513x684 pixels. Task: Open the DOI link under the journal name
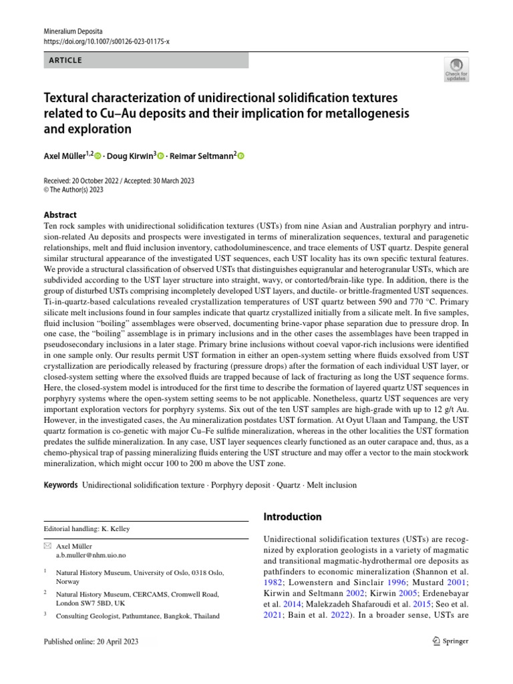[x=106, y=41]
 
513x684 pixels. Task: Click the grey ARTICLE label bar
[x=146, y=61]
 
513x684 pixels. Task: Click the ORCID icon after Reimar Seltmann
[x=241, y=156]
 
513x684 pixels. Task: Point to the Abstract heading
[x=60, y=215]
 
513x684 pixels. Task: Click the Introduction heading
[x=293, y=516]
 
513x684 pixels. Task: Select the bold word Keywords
[x=60, y=484]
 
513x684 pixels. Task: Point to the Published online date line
[x=92, y=641]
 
